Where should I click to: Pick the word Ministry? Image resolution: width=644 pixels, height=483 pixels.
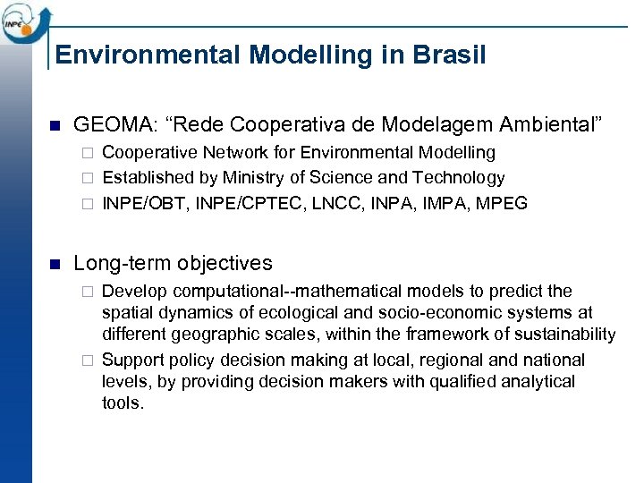point(254,178)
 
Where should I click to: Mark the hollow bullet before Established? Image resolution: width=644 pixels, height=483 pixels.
point(86,178)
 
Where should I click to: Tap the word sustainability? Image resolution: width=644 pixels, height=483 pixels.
point(566,335)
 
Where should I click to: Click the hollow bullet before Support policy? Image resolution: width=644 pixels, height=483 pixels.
point(86,360)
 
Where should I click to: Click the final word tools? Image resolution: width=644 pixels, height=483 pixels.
point(123,402)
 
